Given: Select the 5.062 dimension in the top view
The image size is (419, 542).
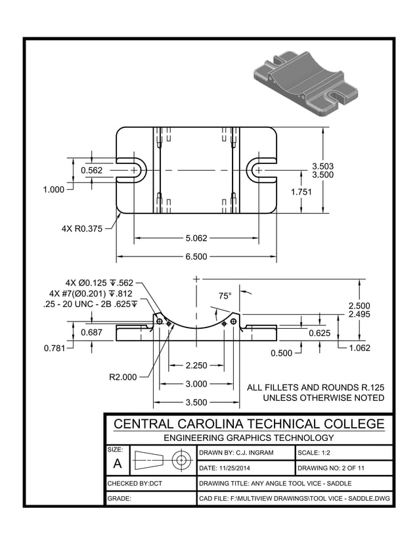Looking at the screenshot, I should coord(196,238).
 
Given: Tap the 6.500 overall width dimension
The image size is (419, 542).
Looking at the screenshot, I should coord(196,257).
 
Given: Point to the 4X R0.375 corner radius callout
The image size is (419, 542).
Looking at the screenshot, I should coord(82,229).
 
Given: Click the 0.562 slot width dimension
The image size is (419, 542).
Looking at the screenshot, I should coord(91,170).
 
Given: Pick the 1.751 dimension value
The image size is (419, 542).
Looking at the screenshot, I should coord(301,192).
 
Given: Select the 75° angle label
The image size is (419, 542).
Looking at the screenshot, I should coord(225,296).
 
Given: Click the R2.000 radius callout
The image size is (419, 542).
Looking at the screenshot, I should coord(123,377).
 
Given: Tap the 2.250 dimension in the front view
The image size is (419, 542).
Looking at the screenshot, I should coord(196,365).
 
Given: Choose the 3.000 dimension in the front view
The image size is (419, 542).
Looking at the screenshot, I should coord(196,384).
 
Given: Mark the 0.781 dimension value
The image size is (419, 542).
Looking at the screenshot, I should coord(55,348).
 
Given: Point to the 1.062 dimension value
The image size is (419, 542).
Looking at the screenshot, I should coord(359,348).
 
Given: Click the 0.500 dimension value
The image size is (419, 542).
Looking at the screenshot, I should coord(281,354).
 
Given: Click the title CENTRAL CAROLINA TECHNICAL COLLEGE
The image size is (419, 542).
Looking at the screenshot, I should coord(249,424).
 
